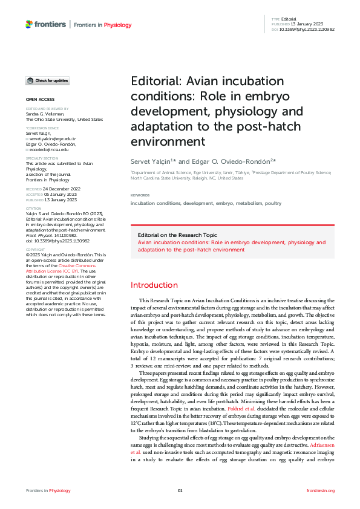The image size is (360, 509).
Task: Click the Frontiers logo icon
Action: [29, 24]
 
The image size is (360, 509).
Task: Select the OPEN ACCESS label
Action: [40, 99]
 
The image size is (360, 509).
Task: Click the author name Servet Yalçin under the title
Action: [152, 160]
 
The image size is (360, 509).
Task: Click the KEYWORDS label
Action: [140, 195]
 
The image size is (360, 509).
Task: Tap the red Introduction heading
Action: [154, 285]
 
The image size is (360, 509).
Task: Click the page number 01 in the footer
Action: [180, 491]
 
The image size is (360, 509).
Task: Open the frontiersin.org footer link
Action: [321, 491]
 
